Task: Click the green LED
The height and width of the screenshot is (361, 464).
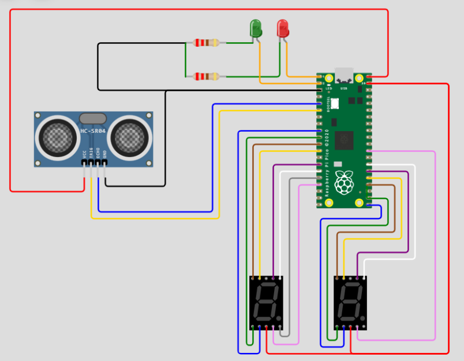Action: point(255,28)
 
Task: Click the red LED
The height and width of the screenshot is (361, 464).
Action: point(282,28)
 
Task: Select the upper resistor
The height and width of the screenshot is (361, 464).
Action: point(206,43)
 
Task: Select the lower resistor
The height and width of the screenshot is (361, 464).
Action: point(206,76)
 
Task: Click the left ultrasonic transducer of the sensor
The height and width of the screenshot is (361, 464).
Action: point(57,137)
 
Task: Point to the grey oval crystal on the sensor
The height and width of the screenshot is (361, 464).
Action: point(93,118)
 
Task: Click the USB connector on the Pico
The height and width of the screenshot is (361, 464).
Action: point(344,76)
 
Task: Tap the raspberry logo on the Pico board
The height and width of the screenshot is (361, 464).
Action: point(345,182)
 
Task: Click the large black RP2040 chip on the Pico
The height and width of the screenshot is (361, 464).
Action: point(345,139)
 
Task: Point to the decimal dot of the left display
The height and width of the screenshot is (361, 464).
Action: point(279,319)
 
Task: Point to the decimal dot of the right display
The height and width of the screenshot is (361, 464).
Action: point(364,319)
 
